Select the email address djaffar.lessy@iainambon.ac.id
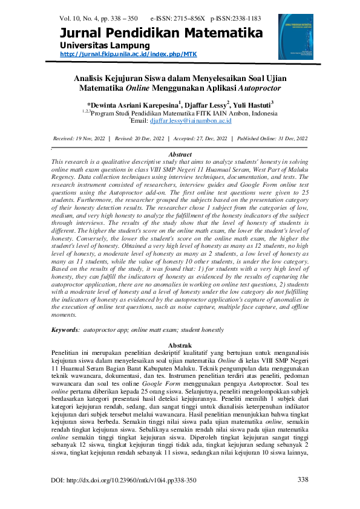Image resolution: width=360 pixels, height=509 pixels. (188, 120)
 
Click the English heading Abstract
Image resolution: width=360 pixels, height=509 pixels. (179, 155)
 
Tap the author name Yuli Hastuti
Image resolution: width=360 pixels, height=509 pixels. (253, 104)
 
